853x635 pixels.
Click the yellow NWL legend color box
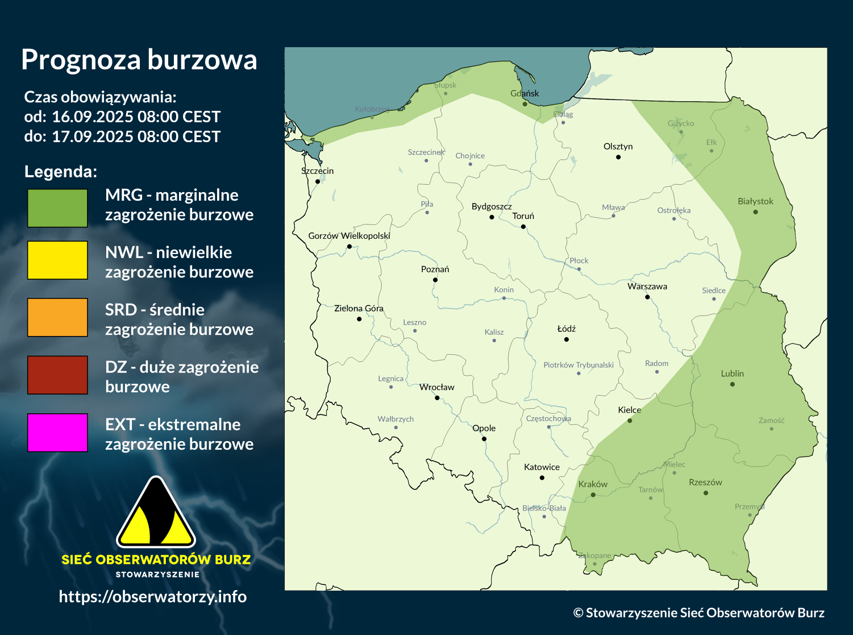point(57,260)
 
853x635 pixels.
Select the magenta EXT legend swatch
point(57,433)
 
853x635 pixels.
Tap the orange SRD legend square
point(57,318)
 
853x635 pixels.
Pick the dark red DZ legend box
point(57,375)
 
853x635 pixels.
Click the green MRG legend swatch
point(57,208)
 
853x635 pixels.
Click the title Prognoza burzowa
point(139,60)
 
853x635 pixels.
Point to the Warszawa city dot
point(647,297)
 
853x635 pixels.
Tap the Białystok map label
point(755,201)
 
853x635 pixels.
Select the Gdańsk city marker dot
point(525,104)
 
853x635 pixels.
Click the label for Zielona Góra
point(359,308)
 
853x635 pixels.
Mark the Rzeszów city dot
point(706,493)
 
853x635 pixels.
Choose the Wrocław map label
point(437,387)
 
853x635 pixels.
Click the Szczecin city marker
point(318,181)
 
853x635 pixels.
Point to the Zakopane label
point(594,555)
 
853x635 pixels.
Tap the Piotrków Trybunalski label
point(579,365)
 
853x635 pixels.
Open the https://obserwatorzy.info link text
point(152,596)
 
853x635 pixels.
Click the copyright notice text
point(698,613)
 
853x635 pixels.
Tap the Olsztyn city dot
point(618,157)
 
